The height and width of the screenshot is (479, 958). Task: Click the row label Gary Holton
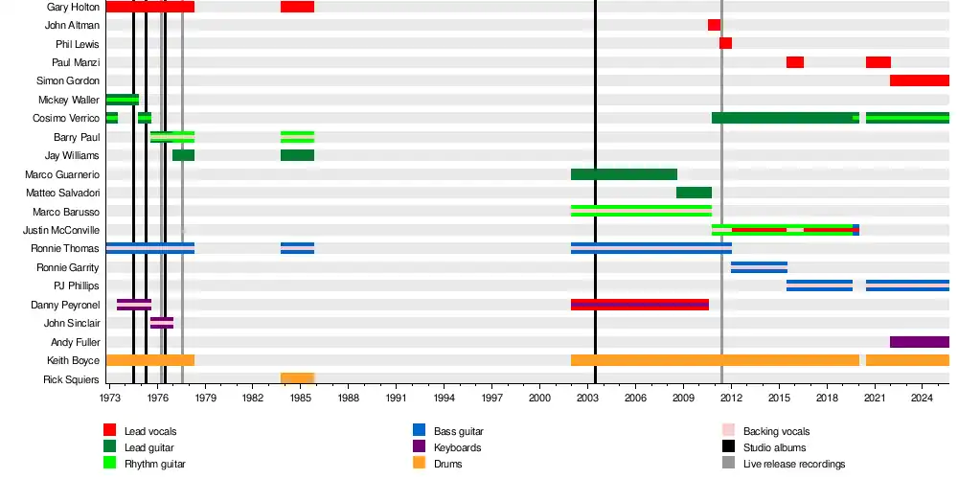tap(73, 7)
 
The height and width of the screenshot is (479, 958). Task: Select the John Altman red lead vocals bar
tap(714, 25)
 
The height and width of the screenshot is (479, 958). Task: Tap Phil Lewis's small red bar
tap(725, 43)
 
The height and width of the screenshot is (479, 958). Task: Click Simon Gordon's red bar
tap(919, 80)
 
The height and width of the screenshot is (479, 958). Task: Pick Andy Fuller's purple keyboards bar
tap(919, 342)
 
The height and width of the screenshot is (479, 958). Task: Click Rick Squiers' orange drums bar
tap(297, 378)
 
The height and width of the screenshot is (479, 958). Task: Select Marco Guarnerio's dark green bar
tap(624, 174)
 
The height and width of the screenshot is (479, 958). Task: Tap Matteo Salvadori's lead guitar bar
tap(694, 193)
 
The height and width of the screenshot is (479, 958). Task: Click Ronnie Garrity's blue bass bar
tap(759, 267)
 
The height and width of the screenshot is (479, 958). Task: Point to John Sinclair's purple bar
tap(162, 323)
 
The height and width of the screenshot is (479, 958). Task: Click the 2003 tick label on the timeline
tap(587, 397)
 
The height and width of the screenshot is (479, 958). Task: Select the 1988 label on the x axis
tap(348, 397)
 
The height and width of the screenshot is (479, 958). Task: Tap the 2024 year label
tap(922, 397)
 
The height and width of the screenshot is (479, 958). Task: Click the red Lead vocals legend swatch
tap(110, 431)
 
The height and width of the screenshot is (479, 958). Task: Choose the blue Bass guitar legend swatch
tap(419, 431)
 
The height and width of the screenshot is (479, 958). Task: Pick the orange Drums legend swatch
tap(419, 464)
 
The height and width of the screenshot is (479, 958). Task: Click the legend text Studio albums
tap(774, 447)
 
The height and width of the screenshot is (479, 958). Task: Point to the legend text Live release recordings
tap(794, 464)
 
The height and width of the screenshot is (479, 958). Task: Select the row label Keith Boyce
tap(73, 360)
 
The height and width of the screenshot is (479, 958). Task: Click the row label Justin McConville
tap(61, 230)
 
